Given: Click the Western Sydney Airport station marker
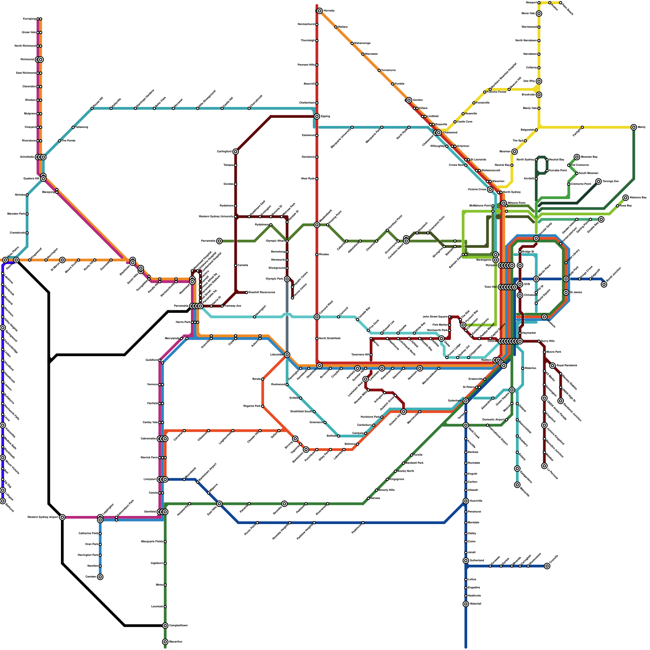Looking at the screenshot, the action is (62, 517).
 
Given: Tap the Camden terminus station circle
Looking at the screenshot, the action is (100, 577).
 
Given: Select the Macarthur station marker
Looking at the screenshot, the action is (165, 642).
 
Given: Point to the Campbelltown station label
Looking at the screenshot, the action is (178, 626).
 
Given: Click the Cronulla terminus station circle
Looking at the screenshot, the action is (547, 566).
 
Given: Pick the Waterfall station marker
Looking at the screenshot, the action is (466, 604).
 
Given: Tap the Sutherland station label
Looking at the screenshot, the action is (477, 561).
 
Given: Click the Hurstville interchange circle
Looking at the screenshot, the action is (466, 501).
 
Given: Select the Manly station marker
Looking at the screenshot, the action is (634, 127).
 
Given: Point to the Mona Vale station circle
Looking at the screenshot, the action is (539, 13).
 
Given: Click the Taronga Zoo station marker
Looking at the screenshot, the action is (598, 181).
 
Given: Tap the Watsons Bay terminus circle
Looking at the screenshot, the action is (626, 198).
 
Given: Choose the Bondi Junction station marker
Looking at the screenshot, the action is (604, 284).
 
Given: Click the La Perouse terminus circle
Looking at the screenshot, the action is (544, 466).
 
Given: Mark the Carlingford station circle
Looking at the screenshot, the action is (236, 152).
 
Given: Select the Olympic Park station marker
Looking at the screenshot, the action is (287, 279).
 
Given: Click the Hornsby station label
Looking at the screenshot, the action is (329, 11).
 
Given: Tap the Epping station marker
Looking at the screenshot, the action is (317, 117).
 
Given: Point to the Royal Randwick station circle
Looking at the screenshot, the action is (552, 366).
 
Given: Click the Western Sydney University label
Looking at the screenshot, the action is (216, 217).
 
